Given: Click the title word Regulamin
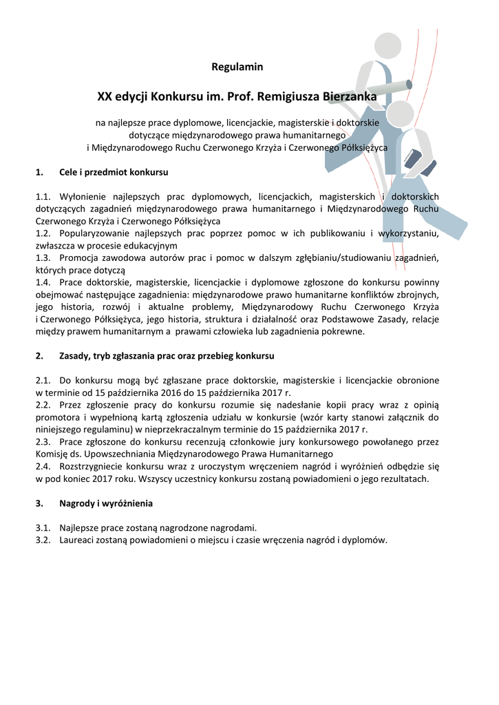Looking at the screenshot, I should click(x=237, y=67).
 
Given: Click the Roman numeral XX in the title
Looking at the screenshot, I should click(x=105, y=97).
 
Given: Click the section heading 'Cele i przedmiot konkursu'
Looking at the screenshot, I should click(x=114, y=172).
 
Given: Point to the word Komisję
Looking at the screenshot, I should click(x=52, y=454).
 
